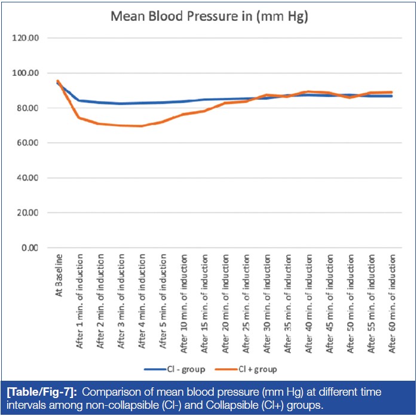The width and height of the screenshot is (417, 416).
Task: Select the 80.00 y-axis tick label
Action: pos(27,108)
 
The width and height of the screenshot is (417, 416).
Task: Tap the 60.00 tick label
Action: pos(27,143)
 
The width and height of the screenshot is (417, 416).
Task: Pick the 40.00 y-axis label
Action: pos(27,178)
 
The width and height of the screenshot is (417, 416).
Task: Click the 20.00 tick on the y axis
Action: pos(27,213)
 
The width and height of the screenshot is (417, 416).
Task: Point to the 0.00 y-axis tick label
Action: pos(29,247)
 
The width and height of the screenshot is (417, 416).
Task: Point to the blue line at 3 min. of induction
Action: pos(121,103)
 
